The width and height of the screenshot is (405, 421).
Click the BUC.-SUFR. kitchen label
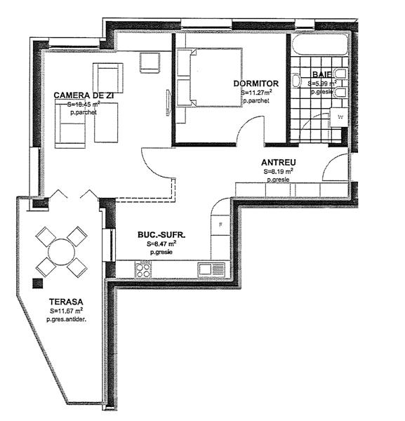click(161, 236)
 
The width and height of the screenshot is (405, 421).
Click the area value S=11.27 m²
click(256, 92)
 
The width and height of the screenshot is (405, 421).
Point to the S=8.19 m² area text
click(279, 171)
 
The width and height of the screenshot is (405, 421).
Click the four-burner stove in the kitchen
click(143, 269)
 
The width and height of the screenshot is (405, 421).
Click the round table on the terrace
click(61, 250)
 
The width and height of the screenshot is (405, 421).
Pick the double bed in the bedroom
click(208, 77)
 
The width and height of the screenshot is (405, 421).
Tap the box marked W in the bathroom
click(340, 117)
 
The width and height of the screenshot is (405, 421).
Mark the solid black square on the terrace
click(37, 283)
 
